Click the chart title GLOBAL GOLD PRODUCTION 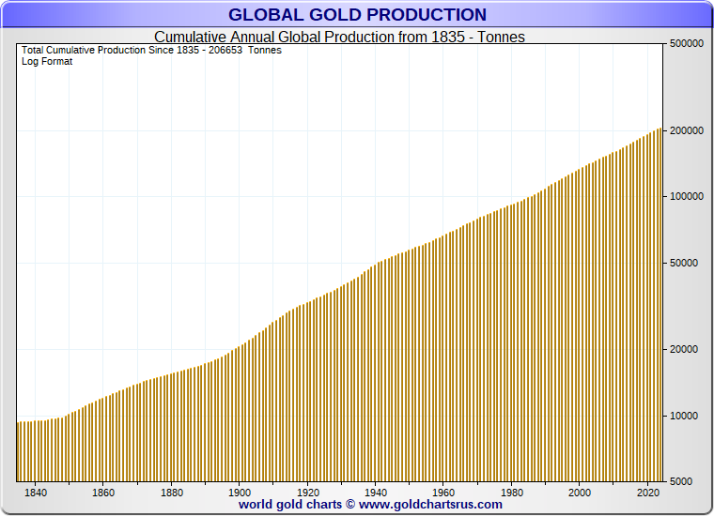(357, 15)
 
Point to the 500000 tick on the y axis (686, 44)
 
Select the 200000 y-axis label (686, 130)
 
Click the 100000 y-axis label (686, 197)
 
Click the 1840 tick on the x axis (36, 493)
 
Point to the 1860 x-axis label (103, 493)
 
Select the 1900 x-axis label (240, 493)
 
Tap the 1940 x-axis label (376, 493)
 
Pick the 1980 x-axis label (512, 493)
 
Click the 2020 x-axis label (647, 493)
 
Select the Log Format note (47, 62)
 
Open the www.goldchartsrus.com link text (430, 505)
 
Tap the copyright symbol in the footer (349, 505)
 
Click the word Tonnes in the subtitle (501, 38)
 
